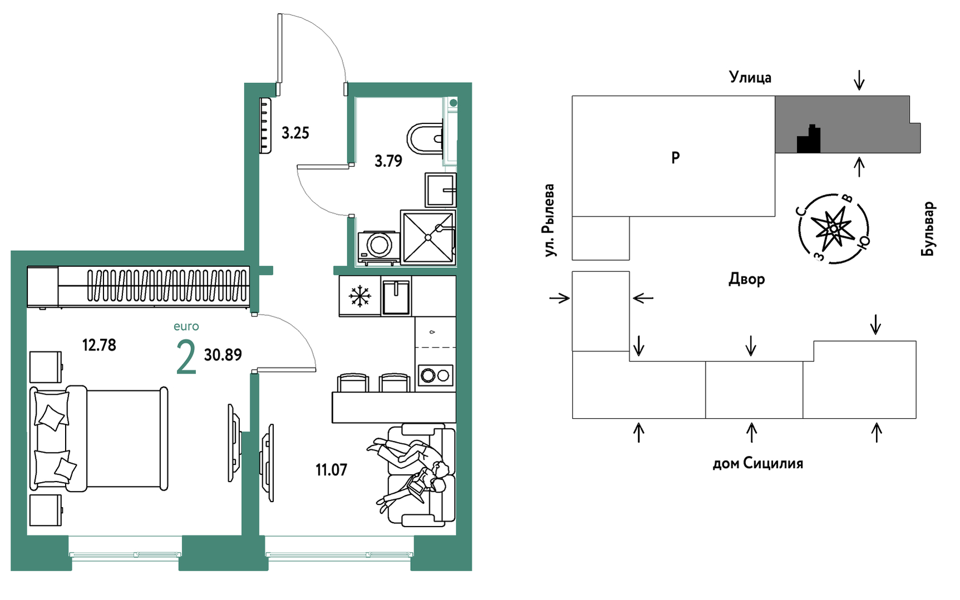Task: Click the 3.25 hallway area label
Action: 295,133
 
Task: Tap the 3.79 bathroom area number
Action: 388,161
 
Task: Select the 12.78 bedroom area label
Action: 99,345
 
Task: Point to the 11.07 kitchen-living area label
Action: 331,470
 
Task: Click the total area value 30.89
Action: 223,355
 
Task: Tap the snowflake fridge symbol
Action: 360,296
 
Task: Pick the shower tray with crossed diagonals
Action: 428,237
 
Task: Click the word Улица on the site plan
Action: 750,77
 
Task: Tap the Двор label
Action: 747,279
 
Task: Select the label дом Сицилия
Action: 758,463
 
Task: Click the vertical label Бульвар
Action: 928,229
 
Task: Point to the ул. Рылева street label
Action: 550,220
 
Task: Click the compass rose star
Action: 833,229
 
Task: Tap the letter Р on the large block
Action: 676,158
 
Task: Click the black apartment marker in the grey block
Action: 809,140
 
